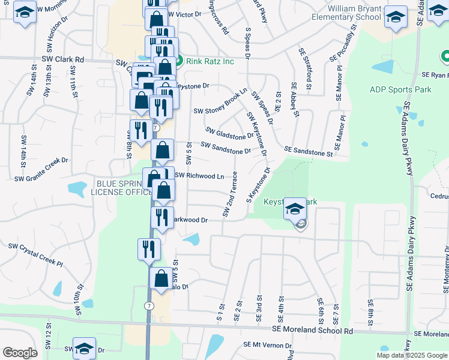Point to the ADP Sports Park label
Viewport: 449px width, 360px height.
coord(400,90)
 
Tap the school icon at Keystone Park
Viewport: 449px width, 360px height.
coord(295,209)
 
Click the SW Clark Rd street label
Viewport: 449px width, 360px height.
coord(62,60)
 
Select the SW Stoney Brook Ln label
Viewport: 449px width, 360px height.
coord(220,101)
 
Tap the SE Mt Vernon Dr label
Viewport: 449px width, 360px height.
coord(267,345)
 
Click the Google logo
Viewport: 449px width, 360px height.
coord(20,353)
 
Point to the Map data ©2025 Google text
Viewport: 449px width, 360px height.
coord(412,355)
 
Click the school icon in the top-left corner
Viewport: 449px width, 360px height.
coord(24,13)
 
